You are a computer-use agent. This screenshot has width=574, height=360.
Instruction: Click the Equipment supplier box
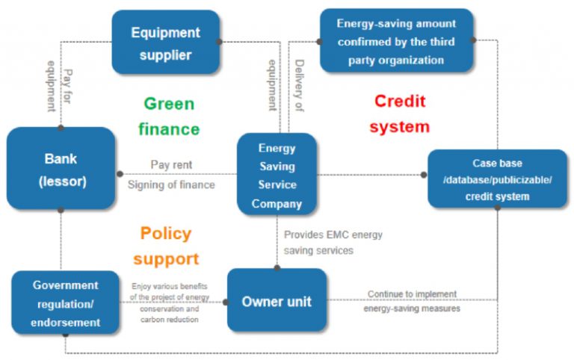(166, 43)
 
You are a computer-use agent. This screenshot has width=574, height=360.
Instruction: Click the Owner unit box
(277, 302)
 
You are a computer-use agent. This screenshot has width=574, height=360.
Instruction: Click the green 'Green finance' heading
(169, 116)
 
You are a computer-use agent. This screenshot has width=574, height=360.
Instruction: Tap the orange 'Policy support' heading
(166, 246)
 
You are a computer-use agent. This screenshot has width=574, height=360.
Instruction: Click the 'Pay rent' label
(171, 164)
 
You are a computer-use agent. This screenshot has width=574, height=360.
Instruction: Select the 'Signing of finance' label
(171, 184)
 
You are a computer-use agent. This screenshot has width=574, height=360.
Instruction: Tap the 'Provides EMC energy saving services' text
(333, 243)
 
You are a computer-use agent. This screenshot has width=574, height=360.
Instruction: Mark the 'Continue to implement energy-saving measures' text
(412, 301)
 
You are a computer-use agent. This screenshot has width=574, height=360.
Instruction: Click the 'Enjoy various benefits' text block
(170, 302)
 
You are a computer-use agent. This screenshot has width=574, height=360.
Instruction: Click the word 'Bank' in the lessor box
(61, 159)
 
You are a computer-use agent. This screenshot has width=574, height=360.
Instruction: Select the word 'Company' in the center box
(277, 204)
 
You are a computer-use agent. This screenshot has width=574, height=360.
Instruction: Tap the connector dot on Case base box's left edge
(424, 175)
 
